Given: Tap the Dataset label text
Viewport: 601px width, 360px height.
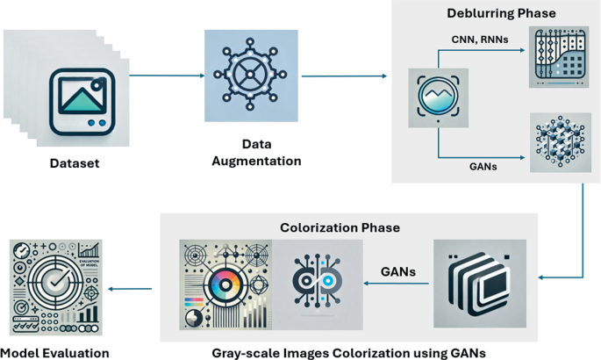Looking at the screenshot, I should pyautogui.click(x=75, y=163).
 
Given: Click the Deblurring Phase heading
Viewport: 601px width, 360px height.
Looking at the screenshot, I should pyautogui.click(x=497, y=13).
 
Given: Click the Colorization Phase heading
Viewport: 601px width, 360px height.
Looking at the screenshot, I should pyautogui.click(x=340, y=227).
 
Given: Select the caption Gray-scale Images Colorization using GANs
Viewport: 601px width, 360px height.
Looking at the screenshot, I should pyautogui.click(x=348, y=352).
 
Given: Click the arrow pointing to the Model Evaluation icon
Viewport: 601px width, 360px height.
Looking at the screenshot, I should pyautogui.click(x=132, y=287).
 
